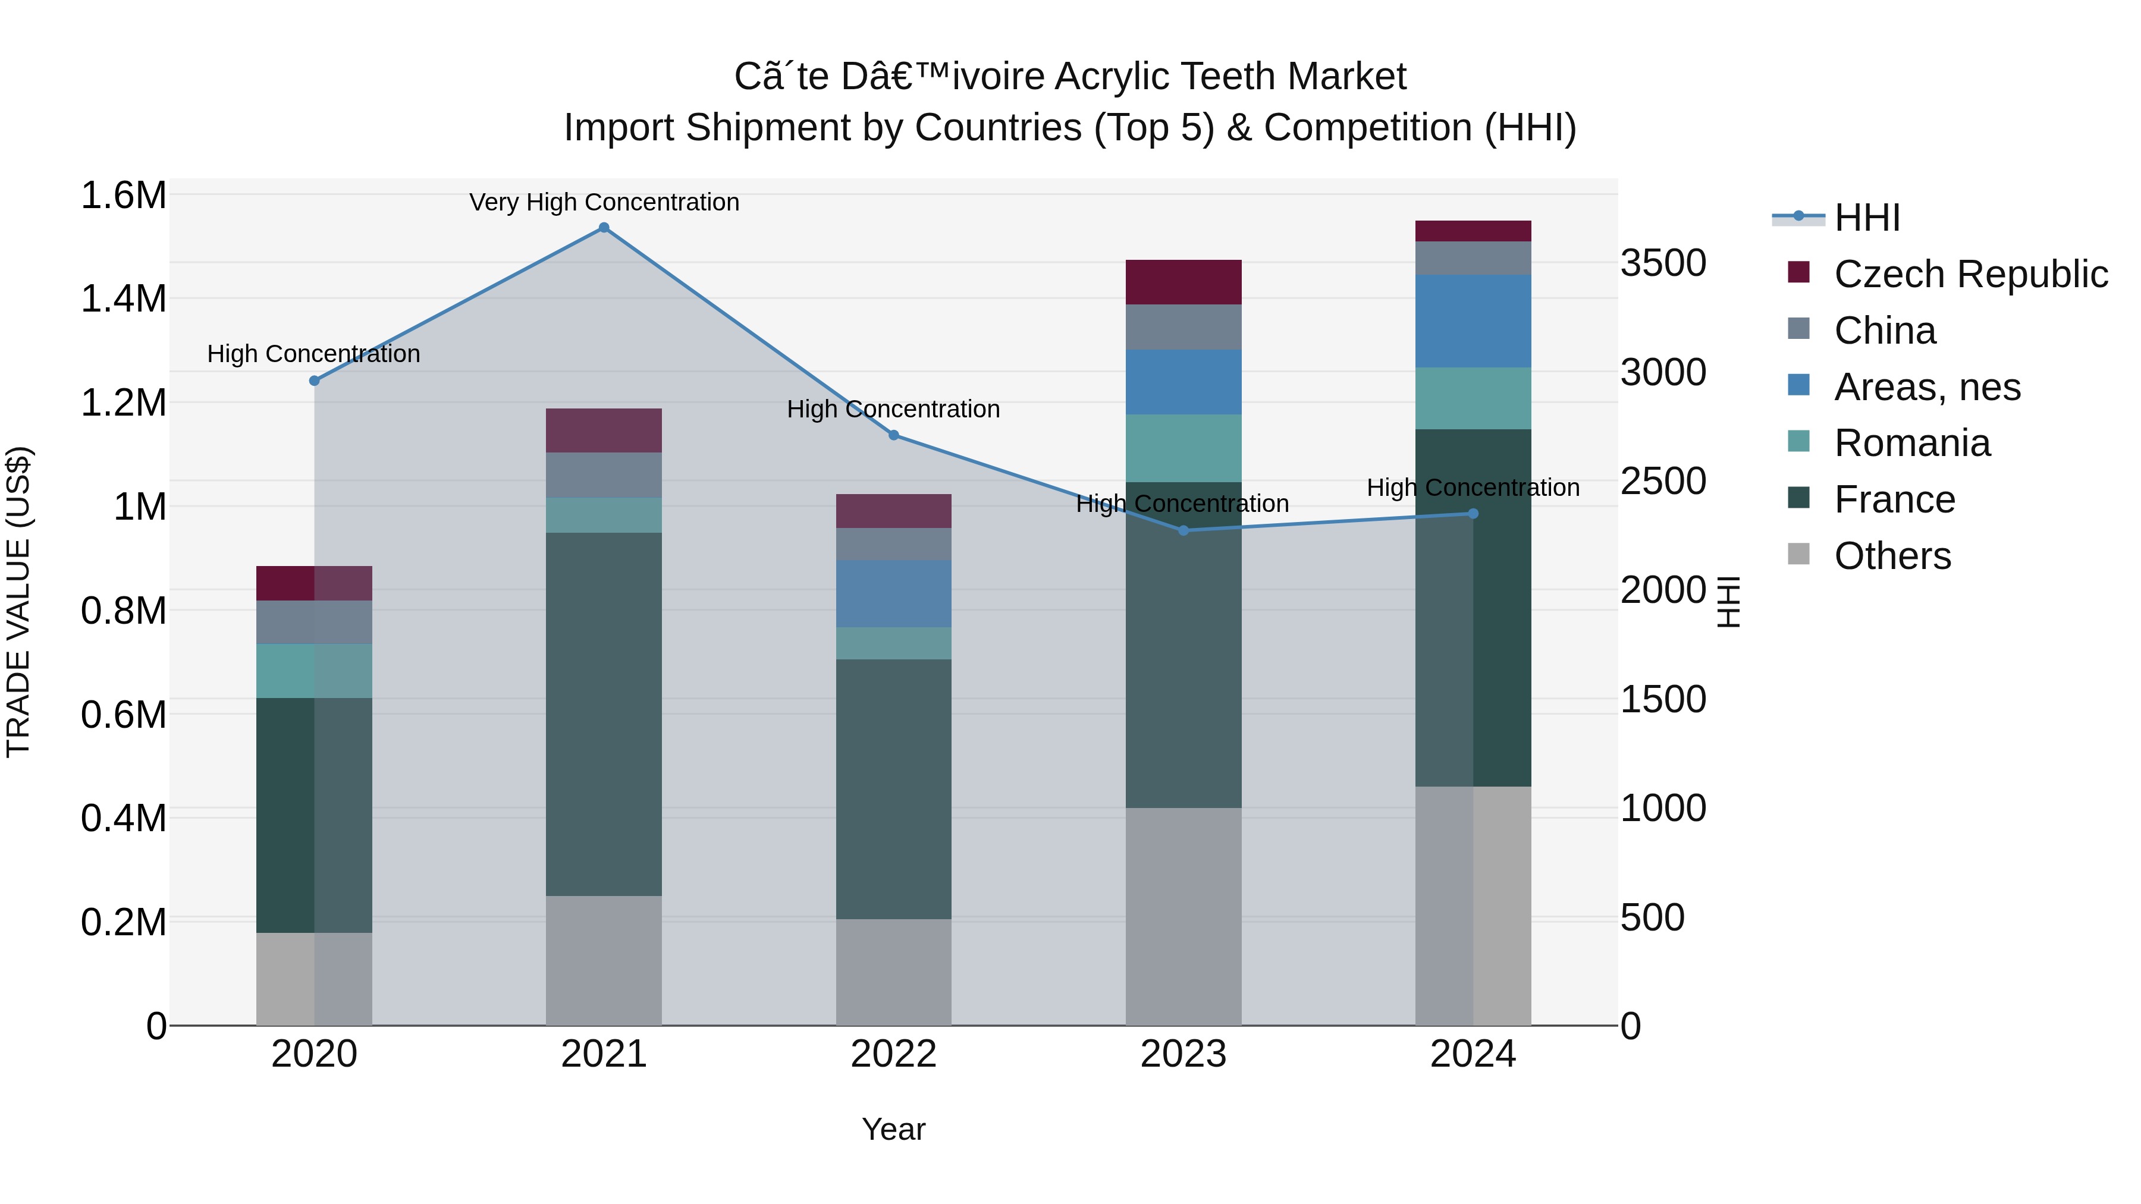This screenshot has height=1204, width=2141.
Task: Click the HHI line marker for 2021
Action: pos(604,228)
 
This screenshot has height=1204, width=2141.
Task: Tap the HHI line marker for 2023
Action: pos(1183,530)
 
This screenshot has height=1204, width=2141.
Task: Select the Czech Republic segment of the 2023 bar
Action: pos(1183,282)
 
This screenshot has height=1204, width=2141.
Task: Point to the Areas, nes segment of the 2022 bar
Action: pos(893,593)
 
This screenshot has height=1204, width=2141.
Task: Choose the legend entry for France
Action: pos(1894,500)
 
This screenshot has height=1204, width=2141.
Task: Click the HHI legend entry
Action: pos(1867,218)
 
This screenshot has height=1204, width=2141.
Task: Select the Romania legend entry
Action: pos(1911,444)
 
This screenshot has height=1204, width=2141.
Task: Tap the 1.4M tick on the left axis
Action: pos(124,299)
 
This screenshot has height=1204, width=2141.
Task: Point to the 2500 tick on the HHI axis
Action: pos(1663,482)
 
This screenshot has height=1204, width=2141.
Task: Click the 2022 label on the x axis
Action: pos(893,1054)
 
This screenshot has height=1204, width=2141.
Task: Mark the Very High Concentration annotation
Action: pos(604,203)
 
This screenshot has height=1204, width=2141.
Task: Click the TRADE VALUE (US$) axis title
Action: pos(18,602)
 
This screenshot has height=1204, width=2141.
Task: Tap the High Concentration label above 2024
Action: pos(1473,488)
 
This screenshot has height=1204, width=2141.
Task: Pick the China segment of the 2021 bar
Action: pos(604,474)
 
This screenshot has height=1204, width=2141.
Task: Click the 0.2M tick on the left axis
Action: pos(124,922)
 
